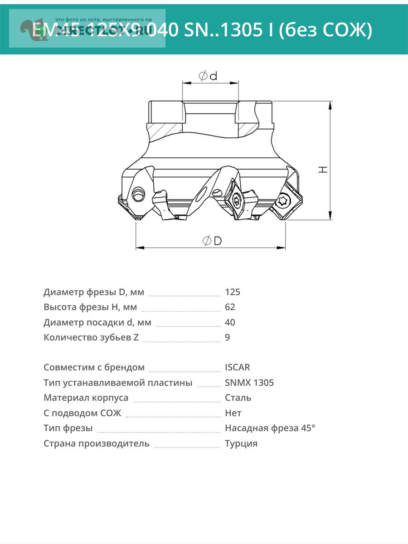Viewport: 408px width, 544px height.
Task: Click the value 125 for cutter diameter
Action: point(233,292)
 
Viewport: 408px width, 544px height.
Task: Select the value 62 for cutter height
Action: point(230,307)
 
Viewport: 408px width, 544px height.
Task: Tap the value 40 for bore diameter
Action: point(230,322)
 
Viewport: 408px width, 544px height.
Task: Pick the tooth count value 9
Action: point(228,337)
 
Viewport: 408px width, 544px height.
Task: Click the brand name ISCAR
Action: point(237,367)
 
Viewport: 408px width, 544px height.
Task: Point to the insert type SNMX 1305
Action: point(249,383)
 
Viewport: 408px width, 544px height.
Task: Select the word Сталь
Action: point(238,398)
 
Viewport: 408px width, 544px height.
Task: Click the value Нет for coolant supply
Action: point(233,413)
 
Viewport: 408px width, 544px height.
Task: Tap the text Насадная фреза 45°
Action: point(270,428)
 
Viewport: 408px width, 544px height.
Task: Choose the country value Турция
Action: point(241,443)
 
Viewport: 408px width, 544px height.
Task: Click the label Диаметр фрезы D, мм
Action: point(94,292)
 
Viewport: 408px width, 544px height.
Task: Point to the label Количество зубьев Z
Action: point(91,337)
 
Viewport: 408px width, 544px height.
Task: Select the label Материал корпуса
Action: point(86,398)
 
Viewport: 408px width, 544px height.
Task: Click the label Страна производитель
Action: point(97,443)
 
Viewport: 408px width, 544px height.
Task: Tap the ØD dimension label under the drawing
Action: point(212,241)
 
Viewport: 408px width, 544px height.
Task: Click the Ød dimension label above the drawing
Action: point(208,76)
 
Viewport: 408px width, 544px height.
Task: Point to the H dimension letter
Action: point(323,169)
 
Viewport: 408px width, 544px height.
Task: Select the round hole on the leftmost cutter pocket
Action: point(138,195)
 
